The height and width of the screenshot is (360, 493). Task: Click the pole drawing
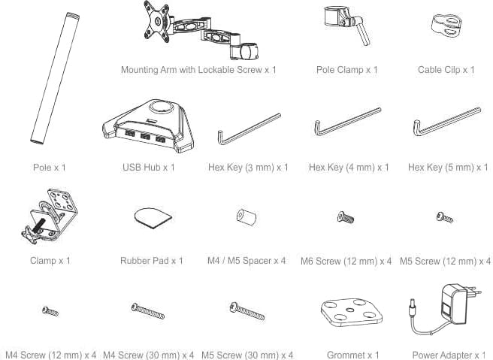55,78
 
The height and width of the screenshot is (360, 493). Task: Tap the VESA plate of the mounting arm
157,22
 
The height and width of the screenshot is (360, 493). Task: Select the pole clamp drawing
344,24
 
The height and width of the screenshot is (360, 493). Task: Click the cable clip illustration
446,26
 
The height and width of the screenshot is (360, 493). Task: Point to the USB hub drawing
148,126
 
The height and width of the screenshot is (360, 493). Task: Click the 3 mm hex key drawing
249,129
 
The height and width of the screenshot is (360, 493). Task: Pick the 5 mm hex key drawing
447,121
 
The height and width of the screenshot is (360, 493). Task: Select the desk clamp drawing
50,216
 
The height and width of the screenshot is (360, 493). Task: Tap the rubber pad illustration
153,217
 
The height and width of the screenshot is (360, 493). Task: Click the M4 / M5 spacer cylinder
246,217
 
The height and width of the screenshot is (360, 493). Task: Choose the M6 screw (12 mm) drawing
346,217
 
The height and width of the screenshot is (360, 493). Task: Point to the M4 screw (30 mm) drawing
148,310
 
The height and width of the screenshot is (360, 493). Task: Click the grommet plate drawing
352,313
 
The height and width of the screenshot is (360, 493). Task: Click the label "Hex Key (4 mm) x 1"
349,168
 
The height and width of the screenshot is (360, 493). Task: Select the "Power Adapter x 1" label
449,355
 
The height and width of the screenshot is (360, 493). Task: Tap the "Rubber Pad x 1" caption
152,261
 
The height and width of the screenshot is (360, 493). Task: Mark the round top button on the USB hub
162,107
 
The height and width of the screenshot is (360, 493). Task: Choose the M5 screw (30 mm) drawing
246,310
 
